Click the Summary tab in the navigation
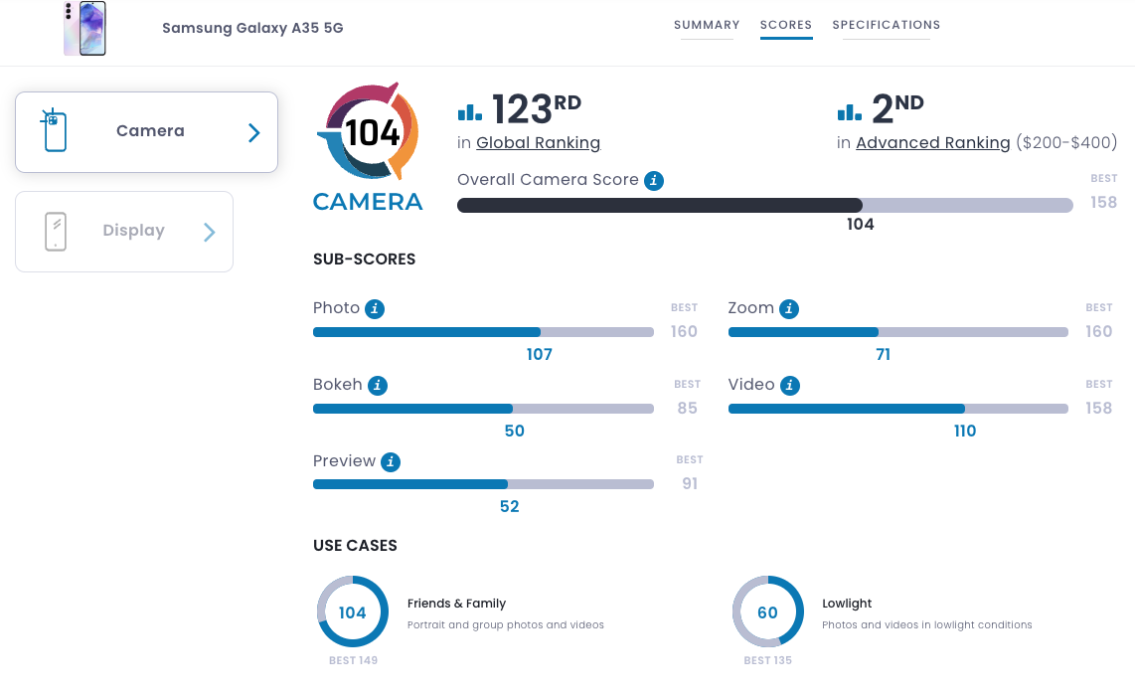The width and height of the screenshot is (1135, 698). click(707, 25)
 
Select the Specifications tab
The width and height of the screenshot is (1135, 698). click(886, 25)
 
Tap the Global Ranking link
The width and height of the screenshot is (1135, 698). click(538, 143)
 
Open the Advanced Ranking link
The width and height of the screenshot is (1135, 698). click(932, 143)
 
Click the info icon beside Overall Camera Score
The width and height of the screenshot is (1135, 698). click(653, 180)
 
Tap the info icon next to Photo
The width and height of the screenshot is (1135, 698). click(375, 309)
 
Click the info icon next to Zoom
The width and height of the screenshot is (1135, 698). click(789, 309)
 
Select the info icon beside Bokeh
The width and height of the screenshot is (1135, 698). click(377, 386)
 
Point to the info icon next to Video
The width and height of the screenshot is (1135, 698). click(790, 386)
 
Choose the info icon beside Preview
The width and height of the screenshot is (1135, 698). click(391, 462)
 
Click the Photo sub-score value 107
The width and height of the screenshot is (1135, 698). click(540, 355)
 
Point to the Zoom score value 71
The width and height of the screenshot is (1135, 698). click(884, 355)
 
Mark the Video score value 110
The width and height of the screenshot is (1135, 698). click(965, 432)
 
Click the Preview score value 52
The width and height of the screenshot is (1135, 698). click(510, 507)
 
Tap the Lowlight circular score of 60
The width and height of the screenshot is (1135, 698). click(768, 612)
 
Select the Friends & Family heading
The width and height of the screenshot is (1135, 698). click(456, 604)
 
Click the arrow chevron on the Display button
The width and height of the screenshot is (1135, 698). click(210, 233)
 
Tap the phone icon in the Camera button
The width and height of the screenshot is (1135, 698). click(54, 131)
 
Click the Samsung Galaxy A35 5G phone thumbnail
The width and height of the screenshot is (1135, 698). click(85, 28)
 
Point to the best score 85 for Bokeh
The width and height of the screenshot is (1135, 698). click(687, 408)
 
